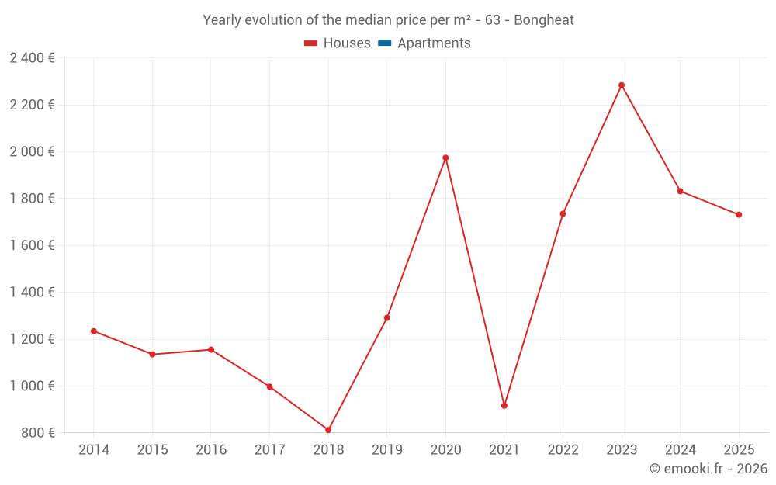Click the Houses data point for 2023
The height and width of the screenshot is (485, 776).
click(x=622, y=85)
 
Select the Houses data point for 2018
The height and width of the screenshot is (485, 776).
click(x=328, y=430)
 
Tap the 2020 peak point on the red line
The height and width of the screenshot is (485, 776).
click(x=445, y=158)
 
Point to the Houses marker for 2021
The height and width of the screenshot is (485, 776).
click(x=504, y=406)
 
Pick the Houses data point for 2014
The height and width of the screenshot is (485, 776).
click(x=94, y=331)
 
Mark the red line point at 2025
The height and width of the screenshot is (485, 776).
click(x=739, y=215)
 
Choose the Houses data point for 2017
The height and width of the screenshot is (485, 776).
click(x=269, y=386)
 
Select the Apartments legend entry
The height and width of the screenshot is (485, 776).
click(x=434, y=43)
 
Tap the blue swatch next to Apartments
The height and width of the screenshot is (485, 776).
click(x=384, y=43)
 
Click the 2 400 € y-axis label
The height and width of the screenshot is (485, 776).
click(x=32, y=57)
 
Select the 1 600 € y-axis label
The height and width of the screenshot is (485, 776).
click(x=32, y=245)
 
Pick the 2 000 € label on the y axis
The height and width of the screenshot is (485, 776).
click(x=32, y=151)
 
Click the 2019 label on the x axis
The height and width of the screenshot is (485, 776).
click(x=386, y=450)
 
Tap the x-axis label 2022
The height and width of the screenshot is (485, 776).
click(x=563, y=450)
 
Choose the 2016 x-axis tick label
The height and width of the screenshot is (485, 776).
click(x=211, y=450)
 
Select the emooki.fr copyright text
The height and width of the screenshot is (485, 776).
click(x=708, y=469)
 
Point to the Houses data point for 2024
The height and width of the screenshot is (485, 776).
click(x=680, y=191)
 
